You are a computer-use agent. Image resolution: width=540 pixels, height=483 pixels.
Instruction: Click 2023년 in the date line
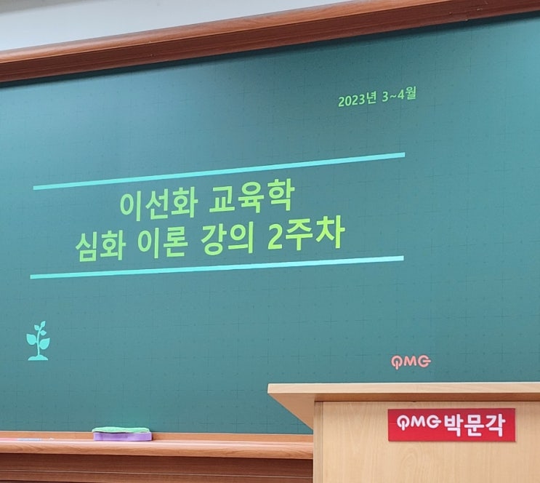click(357, 100)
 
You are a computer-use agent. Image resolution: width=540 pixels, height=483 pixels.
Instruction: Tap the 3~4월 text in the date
click(399, 95)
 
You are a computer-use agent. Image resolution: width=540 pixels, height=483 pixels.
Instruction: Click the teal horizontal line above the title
click(219, 171)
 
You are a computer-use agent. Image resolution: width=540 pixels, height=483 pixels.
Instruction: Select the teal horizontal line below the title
click(217, 268)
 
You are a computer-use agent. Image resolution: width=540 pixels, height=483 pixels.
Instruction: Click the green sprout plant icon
click(39, 341)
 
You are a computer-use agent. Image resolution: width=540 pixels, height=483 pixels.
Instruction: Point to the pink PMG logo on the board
click(411, 362)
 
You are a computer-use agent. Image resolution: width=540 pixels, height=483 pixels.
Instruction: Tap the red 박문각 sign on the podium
click(452, 425)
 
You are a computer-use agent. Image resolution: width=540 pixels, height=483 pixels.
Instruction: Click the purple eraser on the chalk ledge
click(122, 436)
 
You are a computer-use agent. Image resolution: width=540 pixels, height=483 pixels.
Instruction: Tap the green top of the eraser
click(121, 430)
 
